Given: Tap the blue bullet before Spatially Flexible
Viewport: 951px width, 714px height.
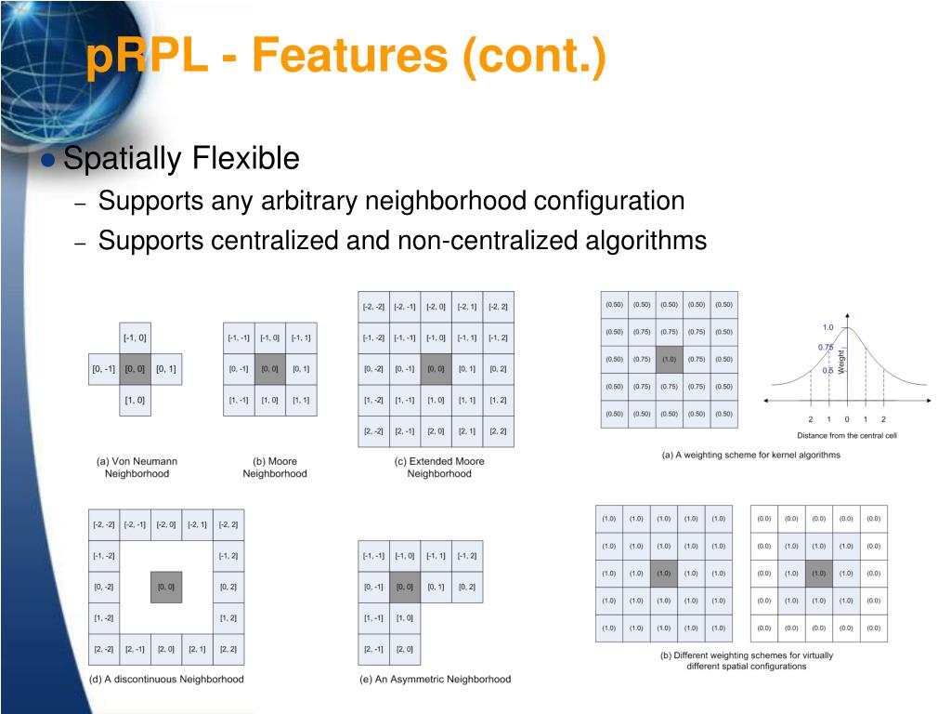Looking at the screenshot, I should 49,160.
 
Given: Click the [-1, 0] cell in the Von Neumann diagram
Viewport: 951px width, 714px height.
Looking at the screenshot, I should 135,337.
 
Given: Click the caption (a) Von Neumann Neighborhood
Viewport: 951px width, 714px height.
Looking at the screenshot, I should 137,467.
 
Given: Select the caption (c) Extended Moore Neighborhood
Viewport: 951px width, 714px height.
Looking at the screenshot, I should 438,467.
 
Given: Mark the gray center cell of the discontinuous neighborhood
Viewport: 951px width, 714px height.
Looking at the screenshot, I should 166,587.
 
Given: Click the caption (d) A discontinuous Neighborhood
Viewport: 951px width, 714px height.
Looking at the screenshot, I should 166,679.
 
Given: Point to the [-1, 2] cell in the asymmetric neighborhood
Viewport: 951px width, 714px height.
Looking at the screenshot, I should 466,556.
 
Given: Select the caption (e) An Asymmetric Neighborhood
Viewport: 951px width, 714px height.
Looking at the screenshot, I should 435,679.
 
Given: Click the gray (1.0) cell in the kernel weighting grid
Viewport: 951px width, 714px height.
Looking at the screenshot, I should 669,359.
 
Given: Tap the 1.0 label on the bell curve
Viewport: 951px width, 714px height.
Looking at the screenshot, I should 827,327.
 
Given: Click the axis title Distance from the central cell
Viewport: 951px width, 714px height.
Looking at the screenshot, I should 846,435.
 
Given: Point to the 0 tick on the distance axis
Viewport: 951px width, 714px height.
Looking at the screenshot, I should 846,419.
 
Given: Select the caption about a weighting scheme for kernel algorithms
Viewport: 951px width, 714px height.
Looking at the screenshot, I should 750,455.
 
